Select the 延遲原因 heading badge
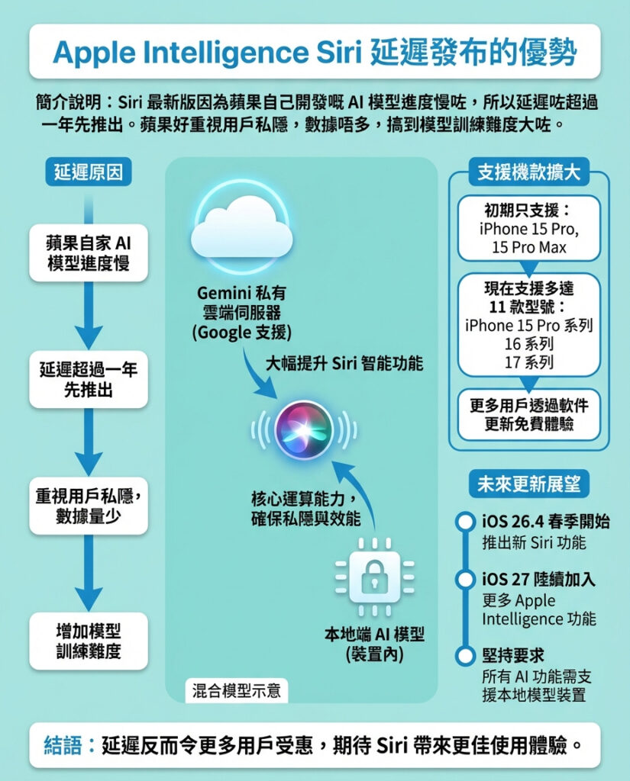[x=88, y=172]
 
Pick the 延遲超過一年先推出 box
[x=88, y=379]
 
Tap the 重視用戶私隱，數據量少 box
[x=88, y=506]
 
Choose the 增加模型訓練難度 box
[x=88, y=641]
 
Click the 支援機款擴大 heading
[x=528, y=172]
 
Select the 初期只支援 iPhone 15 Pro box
[x=528, y=228]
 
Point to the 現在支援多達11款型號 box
[x=528, y=325]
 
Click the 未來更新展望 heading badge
[x=528, y=484]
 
